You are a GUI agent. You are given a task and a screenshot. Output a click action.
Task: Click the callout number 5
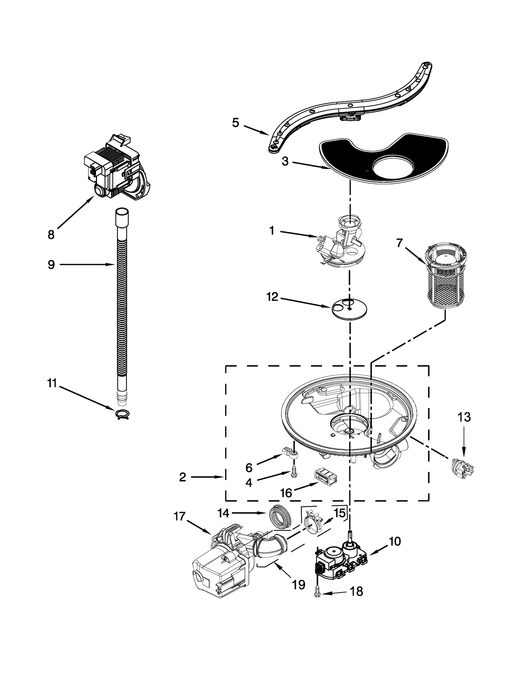pos(235,123)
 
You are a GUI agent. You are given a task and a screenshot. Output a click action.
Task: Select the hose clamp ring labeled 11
pos(122,414)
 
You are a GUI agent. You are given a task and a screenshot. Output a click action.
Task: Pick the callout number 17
pos(179,516)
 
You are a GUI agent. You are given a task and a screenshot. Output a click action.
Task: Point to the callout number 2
pos(182,477)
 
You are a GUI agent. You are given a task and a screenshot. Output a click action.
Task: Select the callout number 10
pos(395,541)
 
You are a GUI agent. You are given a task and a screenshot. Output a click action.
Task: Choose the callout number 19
pos(298,585)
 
